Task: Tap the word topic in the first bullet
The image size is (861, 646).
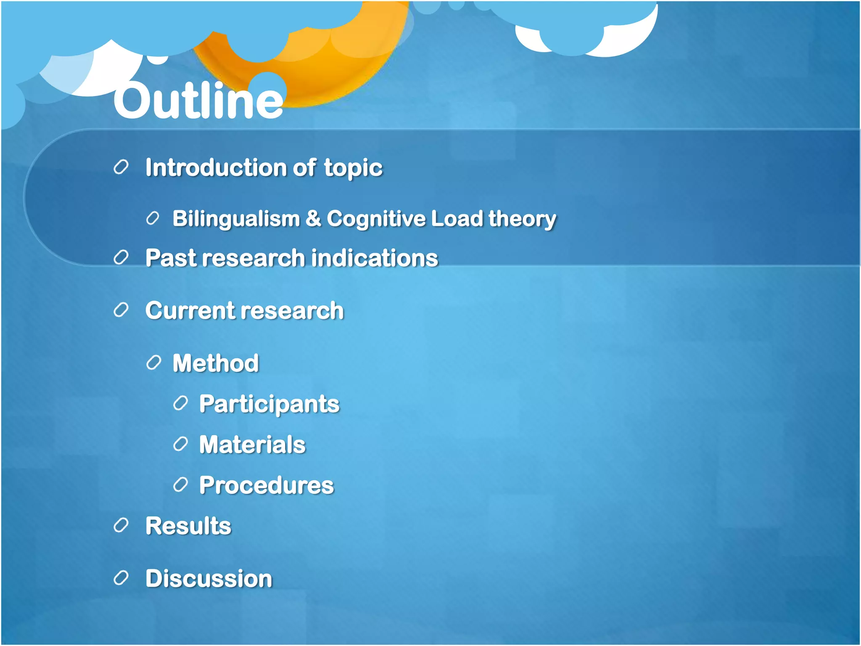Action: point(353,168)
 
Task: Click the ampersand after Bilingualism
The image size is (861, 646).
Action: point(313,219)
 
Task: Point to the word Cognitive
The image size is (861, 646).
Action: point(376,219)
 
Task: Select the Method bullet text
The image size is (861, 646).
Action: point(216,363)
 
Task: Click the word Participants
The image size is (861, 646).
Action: point(269,404)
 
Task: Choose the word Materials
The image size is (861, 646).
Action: point(252,445)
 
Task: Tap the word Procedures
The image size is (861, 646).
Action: point(267,485)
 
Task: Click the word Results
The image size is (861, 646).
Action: point(188,526)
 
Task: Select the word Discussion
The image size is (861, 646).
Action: point(209,578)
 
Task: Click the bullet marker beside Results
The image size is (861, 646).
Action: point(121,525)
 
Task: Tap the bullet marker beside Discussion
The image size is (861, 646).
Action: point(121,578)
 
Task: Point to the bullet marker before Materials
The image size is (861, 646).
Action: point(180,444)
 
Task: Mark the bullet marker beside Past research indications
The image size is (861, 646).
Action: point(121,257)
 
